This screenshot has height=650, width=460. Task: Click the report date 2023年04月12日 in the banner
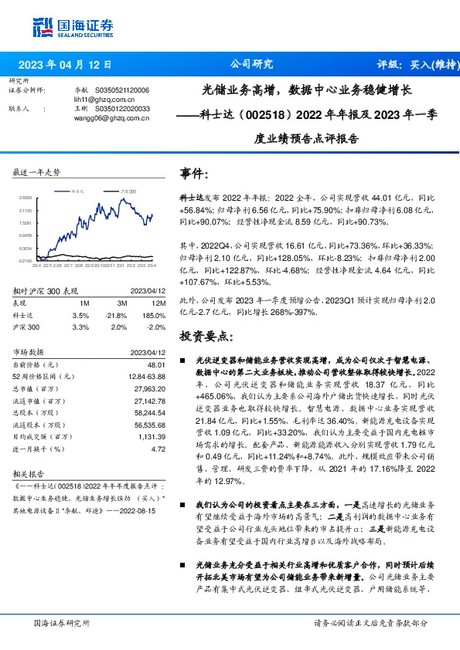coord(65,65)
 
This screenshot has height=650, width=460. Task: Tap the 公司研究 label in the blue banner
coord(252,65)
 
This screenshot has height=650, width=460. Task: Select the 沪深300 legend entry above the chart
coord(126,189)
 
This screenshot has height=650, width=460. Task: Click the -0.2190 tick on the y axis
coord(25,261)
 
